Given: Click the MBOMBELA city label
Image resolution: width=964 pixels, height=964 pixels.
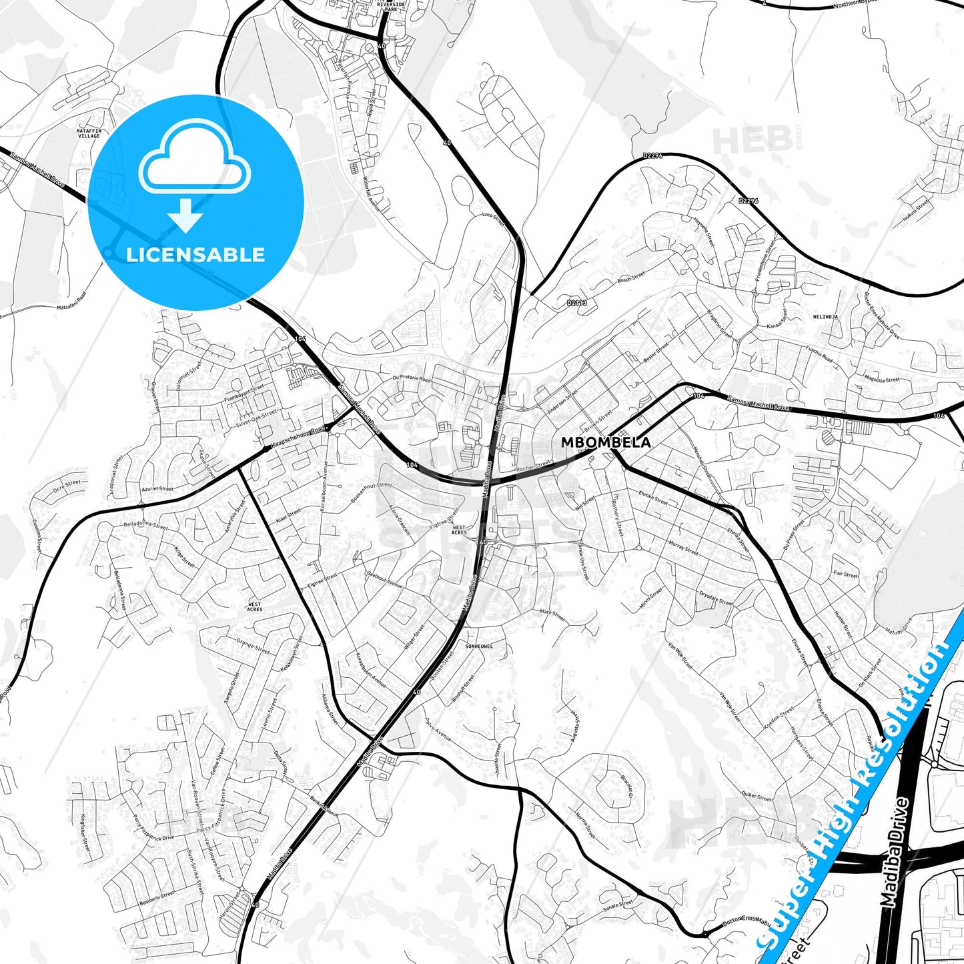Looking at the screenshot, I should point(606,442).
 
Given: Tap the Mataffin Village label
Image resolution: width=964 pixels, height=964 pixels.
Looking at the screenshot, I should point(88,133).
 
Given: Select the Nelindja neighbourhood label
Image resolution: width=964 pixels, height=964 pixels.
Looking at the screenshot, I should point(825,316).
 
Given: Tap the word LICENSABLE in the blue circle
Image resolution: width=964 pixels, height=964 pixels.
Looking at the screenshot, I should point(195,254).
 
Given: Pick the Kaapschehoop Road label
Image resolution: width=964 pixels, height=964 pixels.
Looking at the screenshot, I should point(298,438).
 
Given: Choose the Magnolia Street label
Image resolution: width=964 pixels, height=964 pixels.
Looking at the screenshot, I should point(882,380).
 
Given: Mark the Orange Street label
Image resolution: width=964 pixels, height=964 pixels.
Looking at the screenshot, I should point(253,646).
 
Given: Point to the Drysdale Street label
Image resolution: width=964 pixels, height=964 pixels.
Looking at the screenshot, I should point(715,597).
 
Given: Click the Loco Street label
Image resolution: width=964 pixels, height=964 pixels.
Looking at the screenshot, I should point(494,219).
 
